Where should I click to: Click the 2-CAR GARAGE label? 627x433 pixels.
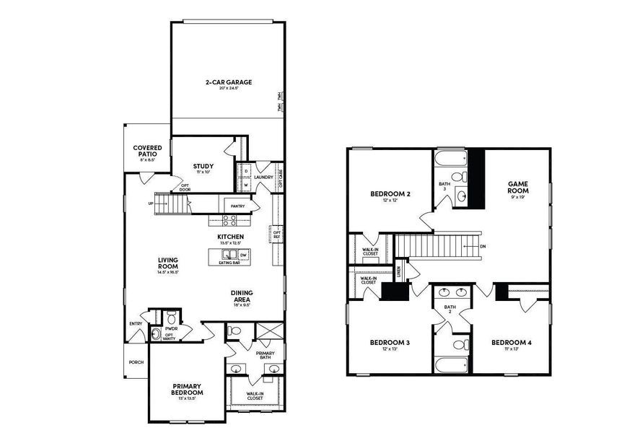point(227,82)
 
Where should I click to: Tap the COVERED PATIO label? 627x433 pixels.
point(147,151)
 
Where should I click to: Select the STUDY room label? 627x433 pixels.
point(203,167)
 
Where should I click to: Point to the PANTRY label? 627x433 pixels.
point(237,206)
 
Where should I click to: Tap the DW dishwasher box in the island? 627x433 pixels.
point(242,255)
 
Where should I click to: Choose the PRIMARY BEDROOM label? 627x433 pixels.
point(187,389)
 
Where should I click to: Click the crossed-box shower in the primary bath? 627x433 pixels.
point(268,332)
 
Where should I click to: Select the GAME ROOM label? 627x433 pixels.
point(518,188)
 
